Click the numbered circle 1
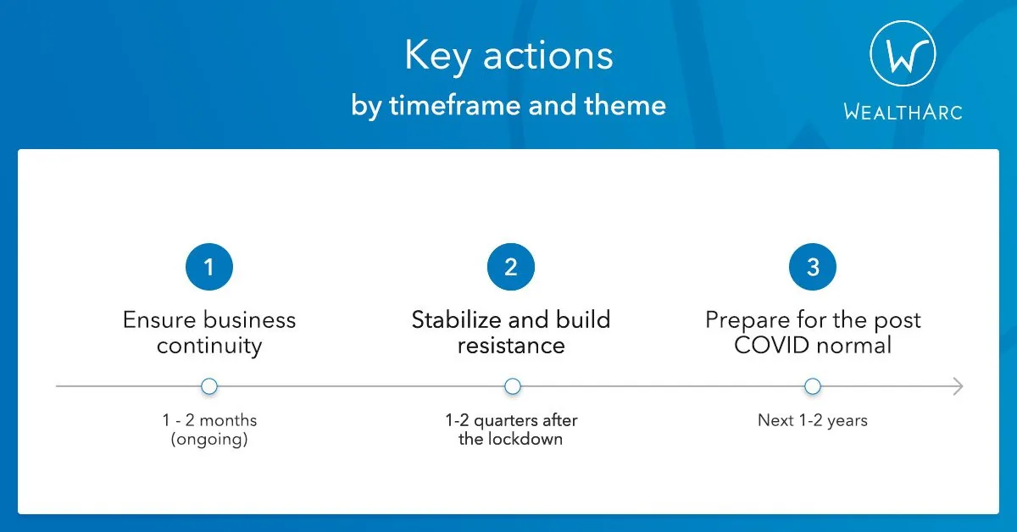[x=209, y=267]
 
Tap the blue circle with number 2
[x=511, y=267]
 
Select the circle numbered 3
[x=813, y=267]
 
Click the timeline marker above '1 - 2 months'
[x=209, y=386]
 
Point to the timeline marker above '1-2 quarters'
[x=513, y=386]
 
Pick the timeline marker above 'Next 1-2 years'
[x=813, y=386]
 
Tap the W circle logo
[x=903, y=53]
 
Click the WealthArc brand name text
[x=903, y=112]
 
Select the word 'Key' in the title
[x=437, y=56]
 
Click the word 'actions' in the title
[x=548, y=57]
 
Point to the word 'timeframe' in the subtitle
[x=454, y=105]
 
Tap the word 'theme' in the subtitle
[x=625, y=105]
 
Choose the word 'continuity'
[x=209, y=346]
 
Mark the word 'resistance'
[x=511, y=346]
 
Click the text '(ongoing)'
[x=209, y=440]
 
